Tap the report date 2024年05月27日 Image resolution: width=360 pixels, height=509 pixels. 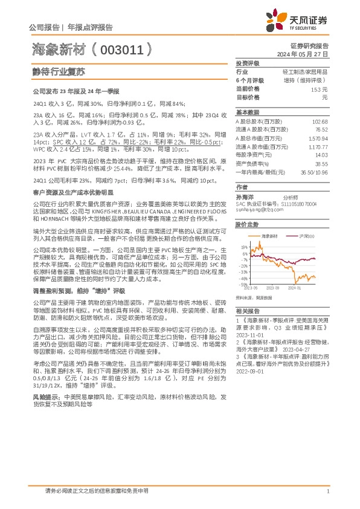click(304, 54)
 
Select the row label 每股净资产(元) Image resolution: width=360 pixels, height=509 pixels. click(253, 155)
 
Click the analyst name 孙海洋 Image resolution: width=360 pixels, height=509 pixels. click(245, 197)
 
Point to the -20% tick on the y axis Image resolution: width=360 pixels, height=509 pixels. click(243, 265)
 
